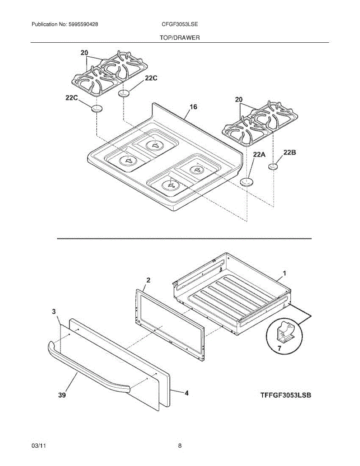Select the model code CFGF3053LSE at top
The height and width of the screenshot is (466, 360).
(180, 24)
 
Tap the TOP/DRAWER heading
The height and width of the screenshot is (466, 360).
(179, 38)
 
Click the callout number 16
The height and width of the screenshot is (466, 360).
(193, 107)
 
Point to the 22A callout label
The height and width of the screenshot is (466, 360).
(259, 155)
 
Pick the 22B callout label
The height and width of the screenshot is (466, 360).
(290, 153)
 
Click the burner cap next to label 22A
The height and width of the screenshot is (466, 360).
(246, 182)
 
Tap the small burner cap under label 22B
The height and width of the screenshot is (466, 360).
(273, 167)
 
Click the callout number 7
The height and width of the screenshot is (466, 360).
(279, 348)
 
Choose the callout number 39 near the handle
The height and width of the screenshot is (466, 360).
(62, 395)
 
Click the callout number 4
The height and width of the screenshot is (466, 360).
(186, 393)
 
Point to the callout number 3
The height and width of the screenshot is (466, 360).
(54, 311)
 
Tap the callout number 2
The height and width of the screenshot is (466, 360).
(148, 280)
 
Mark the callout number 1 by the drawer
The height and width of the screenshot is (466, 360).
(284, 273)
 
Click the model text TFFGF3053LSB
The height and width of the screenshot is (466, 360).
(286, 395)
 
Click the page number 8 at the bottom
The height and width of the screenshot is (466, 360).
(180, 446)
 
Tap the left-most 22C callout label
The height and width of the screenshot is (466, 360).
(73, 98)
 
